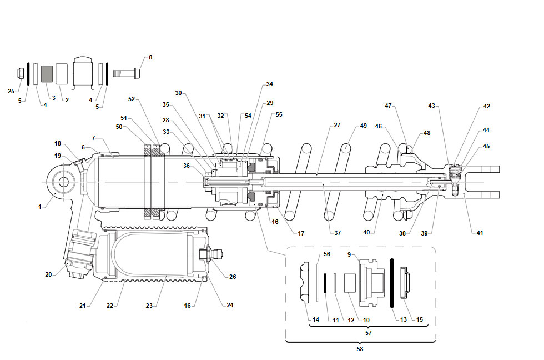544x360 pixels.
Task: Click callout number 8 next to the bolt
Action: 150,57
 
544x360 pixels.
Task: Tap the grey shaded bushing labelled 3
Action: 47,74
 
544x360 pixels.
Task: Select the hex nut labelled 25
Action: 21,73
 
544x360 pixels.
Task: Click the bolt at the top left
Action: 127,73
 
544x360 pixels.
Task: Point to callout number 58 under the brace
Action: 360,349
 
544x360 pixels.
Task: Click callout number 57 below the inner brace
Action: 369,333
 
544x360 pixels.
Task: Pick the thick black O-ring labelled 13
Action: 392,283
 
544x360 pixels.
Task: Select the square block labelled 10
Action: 350,283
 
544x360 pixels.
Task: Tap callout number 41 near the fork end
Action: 480,233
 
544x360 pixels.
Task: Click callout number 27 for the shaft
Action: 338,125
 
